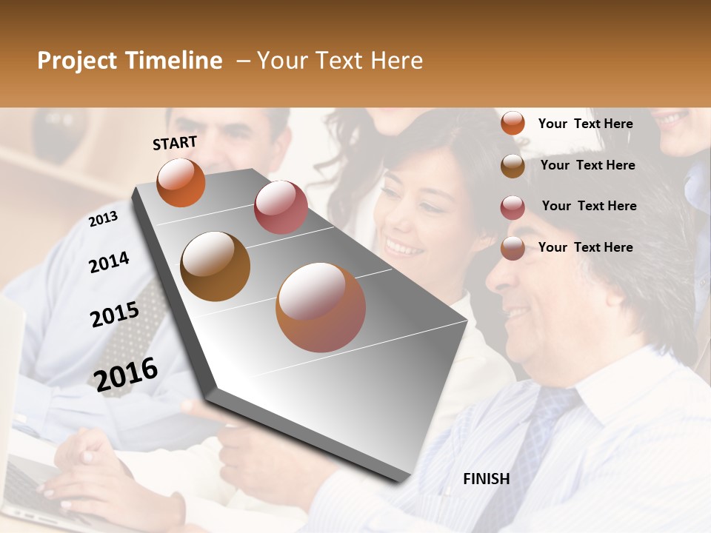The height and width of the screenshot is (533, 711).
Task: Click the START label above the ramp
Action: tap(175, 143)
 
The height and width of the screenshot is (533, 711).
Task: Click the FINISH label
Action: tap(486, 479)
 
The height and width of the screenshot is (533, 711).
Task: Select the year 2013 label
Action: tap(104, 219)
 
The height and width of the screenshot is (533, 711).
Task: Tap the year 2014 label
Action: tap(109, 262)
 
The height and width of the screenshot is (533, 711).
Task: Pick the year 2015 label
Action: tap(115, 315)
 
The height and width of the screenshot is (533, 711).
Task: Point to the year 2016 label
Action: tap(126, 374)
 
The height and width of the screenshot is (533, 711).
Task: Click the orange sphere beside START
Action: tap(181, 183)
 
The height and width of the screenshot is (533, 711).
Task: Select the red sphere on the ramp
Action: tap(281, 207)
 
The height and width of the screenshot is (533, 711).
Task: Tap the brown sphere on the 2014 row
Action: tap(216, 266)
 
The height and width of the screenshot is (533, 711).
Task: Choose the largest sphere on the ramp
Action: tap(321, 307)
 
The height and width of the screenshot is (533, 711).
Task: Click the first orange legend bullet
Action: tap(513, 124)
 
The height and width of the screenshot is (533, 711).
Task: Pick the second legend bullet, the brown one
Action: tap(513, 166)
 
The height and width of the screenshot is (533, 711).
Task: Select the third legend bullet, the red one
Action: tap(513, 207)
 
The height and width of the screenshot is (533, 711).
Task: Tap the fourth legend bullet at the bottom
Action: tap(513, 248)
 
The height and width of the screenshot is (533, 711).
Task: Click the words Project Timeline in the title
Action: tap(130, 61)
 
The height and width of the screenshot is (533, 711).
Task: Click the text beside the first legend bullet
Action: tap(585, 124)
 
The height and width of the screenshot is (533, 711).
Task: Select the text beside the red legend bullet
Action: tap(589, 206)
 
